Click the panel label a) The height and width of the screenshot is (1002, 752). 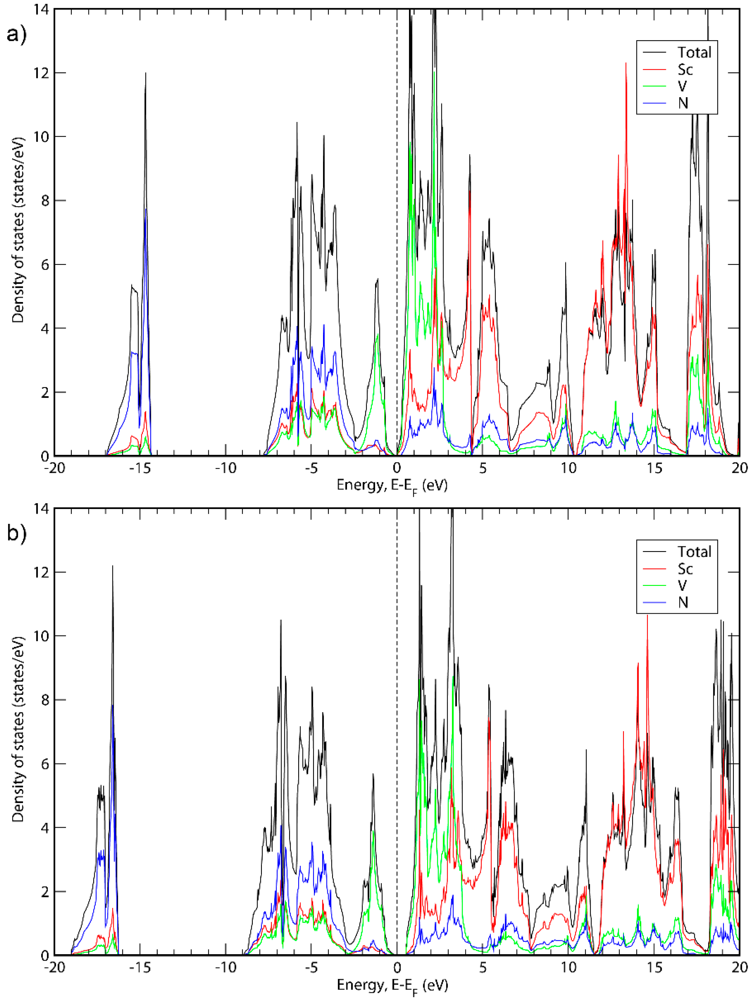[x=16, y=34]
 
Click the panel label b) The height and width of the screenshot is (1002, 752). [x=16, y=534]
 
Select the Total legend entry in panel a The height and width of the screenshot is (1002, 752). [x=694, y=53]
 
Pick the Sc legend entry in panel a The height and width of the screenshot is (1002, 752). [x=685, y=70]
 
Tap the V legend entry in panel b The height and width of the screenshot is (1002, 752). [x=682, y=586]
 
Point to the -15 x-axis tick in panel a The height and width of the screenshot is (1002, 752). [x=140, y=468]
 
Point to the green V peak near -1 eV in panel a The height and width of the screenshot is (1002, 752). [x=378, y=335]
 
